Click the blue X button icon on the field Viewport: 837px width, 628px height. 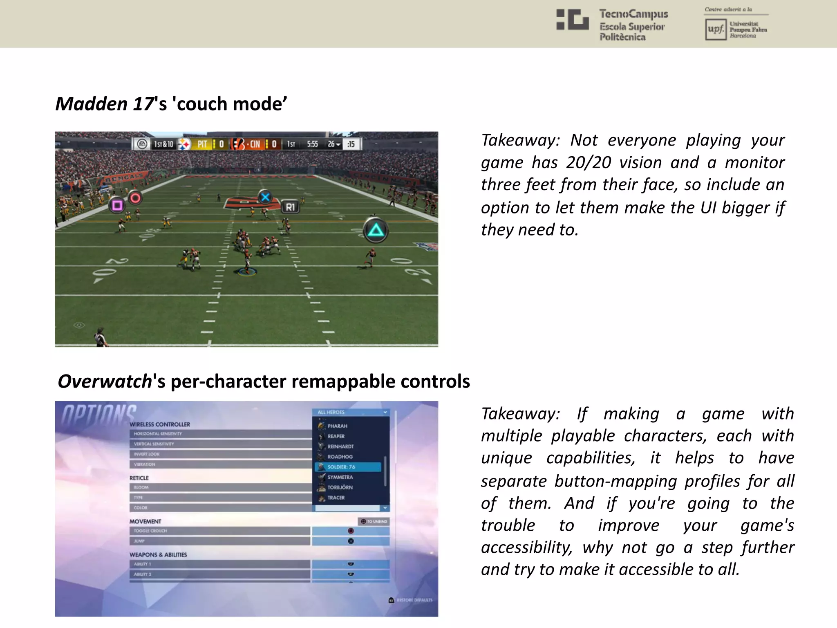265,197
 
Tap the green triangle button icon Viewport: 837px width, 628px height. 376,231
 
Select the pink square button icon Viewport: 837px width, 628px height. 117,204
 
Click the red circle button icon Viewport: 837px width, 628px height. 135,198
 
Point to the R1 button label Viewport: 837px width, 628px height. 290,207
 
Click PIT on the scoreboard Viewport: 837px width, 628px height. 202,144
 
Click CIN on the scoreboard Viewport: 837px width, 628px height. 255,144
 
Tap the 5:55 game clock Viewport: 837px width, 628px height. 312,144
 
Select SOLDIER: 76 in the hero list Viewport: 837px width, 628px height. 341,467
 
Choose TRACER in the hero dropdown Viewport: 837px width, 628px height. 336,498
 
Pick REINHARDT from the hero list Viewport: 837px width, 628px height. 340,446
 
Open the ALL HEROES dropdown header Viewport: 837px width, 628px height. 351,412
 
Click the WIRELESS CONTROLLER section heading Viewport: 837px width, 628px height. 160,424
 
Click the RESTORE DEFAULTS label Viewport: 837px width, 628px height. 414,600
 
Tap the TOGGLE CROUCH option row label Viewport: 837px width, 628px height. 150,531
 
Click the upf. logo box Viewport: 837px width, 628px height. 716,29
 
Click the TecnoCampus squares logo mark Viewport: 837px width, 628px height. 572,20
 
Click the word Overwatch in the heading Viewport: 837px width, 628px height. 105,381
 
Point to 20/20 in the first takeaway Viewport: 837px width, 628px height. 589,162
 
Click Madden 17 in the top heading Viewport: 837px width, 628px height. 105,104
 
